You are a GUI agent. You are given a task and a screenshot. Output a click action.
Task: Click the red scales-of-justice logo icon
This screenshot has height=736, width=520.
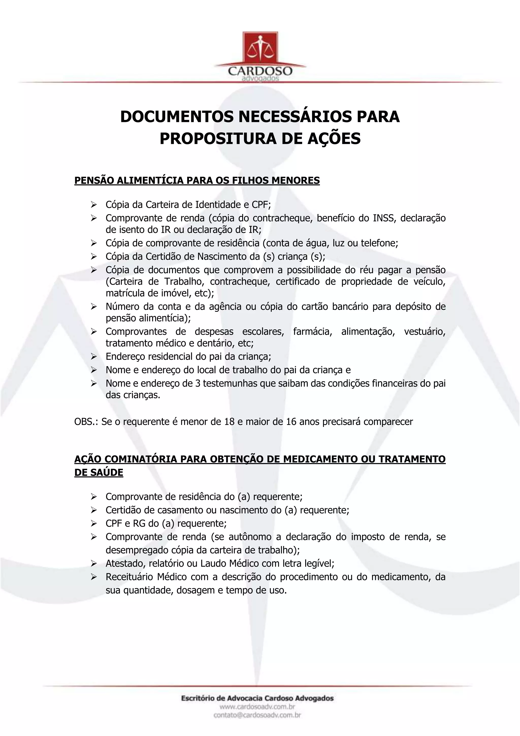260,48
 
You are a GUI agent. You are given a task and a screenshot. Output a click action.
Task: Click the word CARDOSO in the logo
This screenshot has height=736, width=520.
260,70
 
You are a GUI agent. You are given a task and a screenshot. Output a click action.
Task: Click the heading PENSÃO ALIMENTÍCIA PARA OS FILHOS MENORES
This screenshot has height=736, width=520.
197,180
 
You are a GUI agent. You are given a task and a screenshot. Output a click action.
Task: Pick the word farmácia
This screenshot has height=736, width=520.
312,331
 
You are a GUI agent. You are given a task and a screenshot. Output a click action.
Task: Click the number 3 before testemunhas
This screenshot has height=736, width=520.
198,384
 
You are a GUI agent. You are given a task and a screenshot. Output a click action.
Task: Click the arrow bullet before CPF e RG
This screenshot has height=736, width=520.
93,524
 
